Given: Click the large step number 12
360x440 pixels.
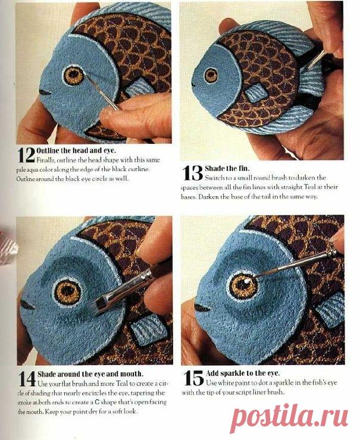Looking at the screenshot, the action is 26,155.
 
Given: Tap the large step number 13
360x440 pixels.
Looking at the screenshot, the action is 193,173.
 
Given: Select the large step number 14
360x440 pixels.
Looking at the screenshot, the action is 27,379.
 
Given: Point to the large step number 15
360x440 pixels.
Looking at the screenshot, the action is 193,378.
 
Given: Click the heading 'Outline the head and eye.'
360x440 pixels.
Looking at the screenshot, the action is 76,150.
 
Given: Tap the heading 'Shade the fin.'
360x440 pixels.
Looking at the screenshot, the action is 227,168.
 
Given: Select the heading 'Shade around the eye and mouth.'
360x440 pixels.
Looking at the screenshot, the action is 90,374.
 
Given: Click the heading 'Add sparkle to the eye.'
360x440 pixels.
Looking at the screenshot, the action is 243,373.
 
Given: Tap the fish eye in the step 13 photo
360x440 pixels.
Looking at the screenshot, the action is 211,75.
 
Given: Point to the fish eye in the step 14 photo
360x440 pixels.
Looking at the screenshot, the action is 68,292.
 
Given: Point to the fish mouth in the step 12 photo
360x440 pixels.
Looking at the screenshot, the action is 45,92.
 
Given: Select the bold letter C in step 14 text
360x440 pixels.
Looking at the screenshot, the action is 97,403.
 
